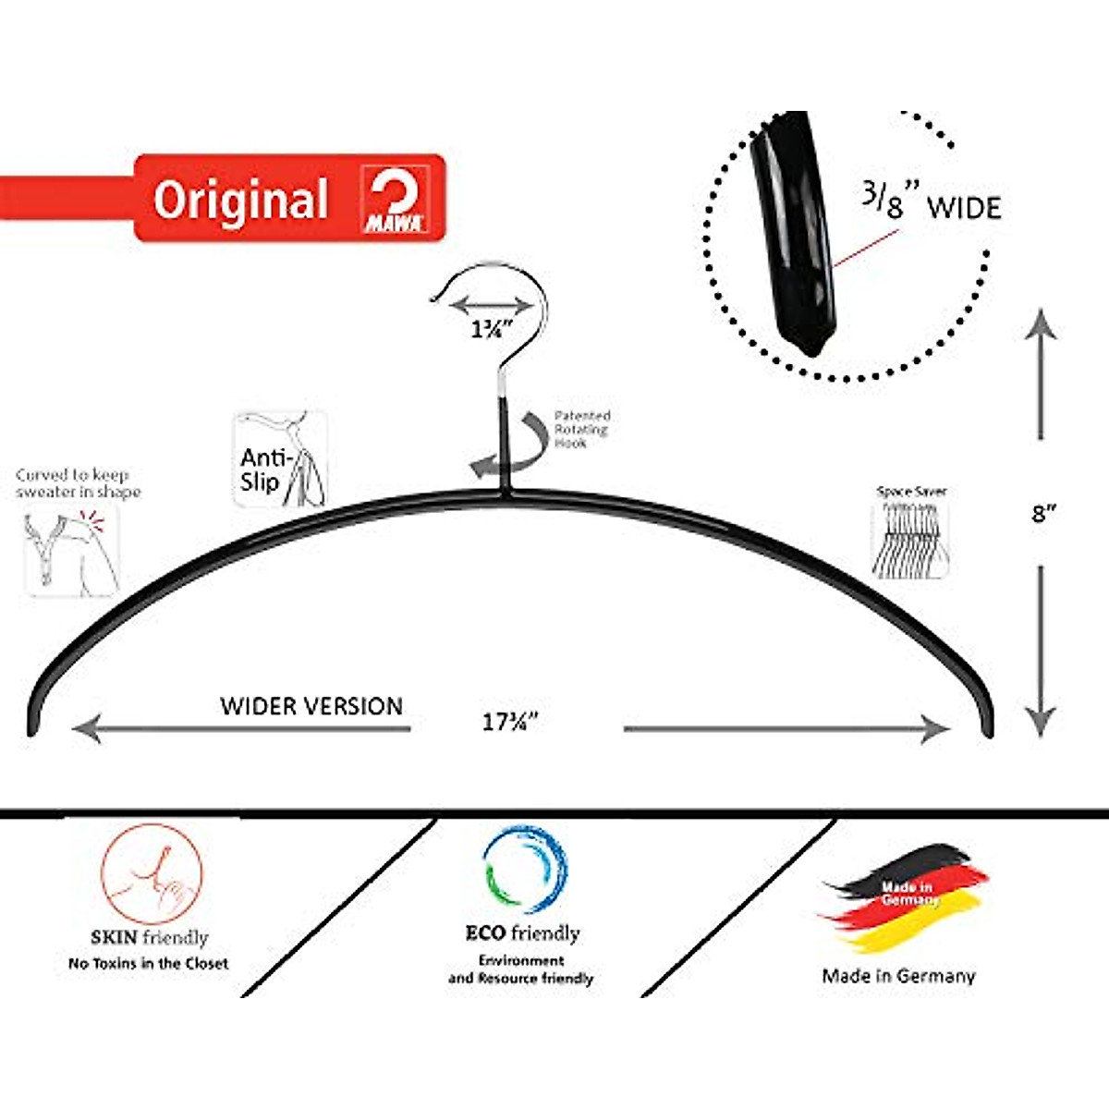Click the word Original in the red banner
(240, 200)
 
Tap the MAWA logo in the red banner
(395, 200)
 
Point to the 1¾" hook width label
(492, 330)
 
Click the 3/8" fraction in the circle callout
(882, 201)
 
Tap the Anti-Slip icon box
(280, 459)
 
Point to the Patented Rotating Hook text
(581, 430)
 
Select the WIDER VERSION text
(311, 706)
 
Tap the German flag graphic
(902, 896)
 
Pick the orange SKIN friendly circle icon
(152, 873)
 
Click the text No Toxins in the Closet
(148, 963)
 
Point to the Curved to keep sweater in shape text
(78, 483)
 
